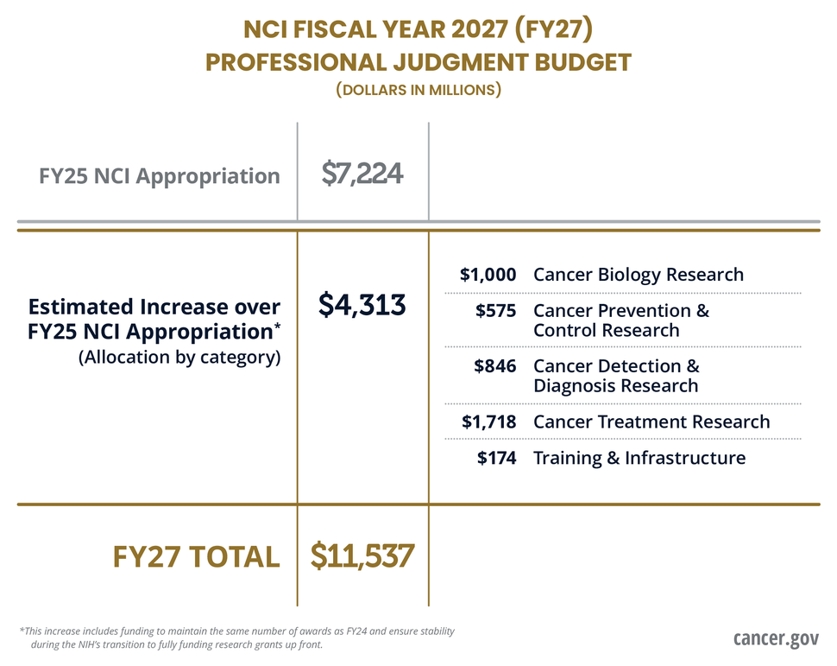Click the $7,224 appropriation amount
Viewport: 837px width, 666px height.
362,174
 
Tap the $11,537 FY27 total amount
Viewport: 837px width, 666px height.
362,555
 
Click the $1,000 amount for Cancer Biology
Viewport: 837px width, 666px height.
488,275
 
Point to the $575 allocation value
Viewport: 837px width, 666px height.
496,310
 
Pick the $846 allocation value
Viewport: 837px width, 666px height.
495,366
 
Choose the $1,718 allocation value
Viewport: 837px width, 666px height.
488,422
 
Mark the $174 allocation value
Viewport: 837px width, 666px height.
497,458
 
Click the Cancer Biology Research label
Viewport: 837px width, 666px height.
639,275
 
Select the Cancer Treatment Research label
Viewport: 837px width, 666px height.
651,422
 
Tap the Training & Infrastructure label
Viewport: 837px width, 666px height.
639,458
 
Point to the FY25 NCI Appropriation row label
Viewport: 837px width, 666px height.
160,176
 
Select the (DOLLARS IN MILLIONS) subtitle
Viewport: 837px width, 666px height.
418,90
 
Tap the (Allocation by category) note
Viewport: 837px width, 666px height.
179,357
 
